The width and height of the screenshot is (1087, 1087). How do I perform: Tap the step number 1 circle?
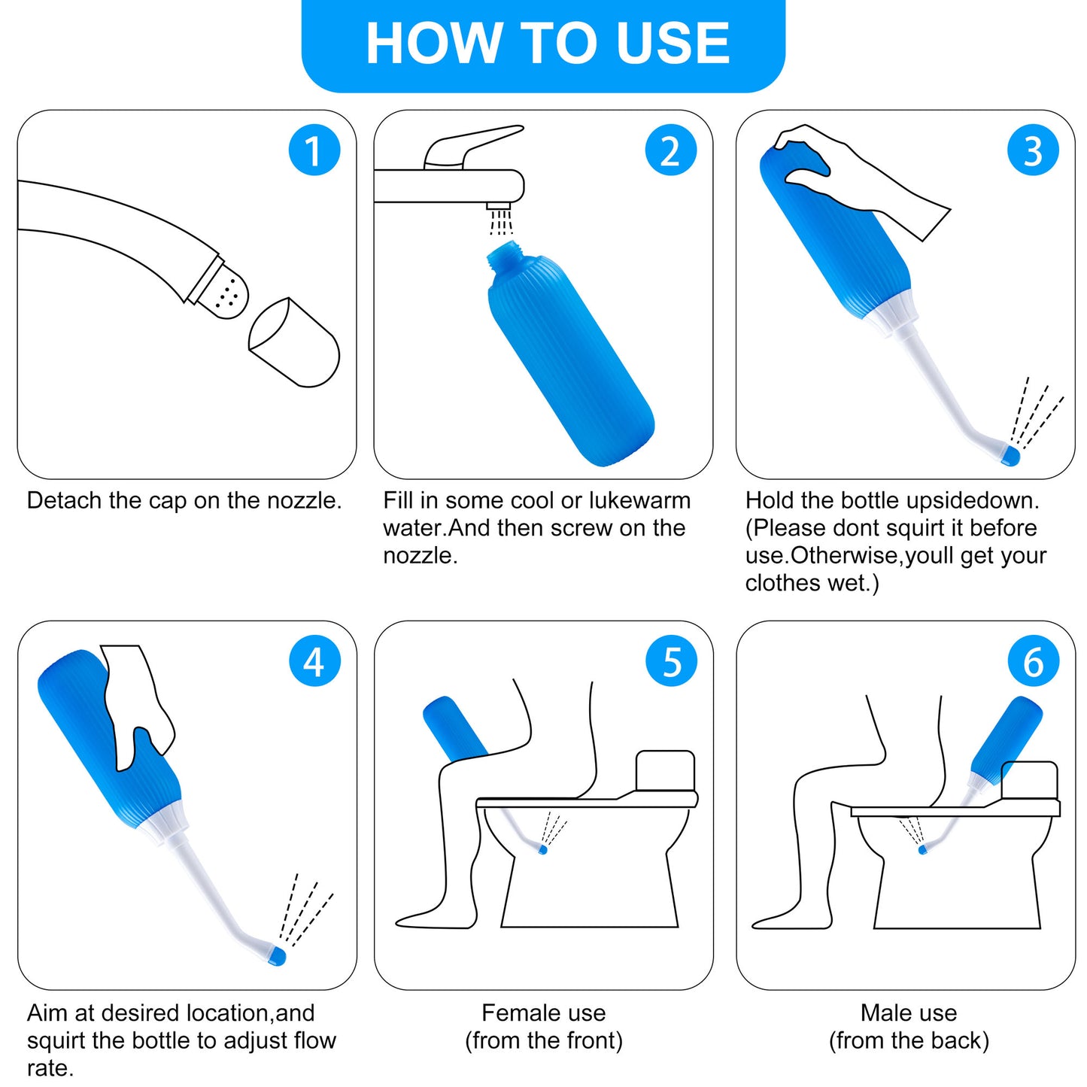(x=314, y=150)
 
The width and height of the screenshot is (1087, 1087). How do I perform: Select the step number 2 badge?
(x=670, y=150)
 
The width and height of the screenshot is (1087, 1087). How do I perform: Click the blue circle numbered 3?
(x=1033, y=150)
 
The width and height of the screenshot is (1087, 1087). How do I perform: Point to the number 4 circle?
(x=314, y=661)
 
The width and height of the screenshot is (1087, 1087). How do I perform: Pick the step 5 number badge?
(x=671, y=661)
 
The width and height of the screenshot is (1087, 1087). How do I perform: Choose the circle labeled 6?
(x=1033, y=661)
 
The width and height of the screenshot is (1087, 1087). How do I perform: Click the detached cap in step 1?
(x=295, y=344)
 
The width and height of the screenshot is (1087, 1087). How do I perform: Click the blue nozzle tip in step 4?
(x=278, y=956)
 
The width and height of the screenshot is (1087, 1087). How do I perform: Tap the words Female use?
(x=543, y=1013)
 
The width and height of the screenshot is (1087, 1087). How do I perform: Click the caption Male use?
(x=909, y=1013)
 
